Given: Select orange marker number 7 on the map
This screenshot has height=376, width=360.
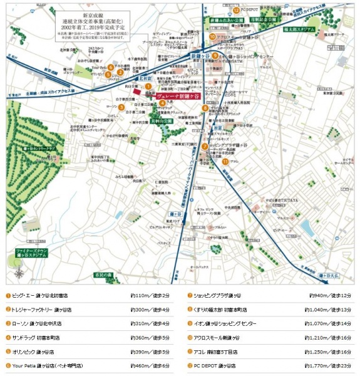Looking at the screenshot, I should click(x=204, y=147).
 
